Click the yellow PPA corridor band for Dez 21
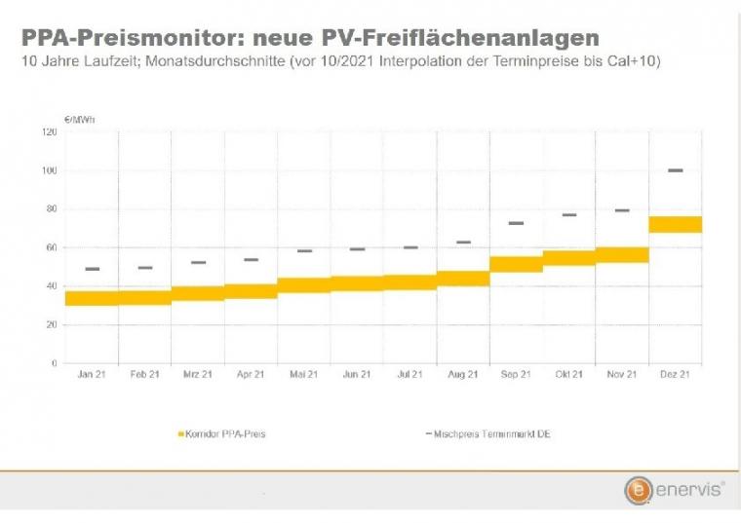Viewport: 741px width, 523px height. [675, 224]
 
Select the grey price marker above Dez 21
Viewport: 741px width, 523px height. [675, 170]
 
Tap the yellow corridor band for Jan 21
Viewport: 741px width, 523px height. [92, 298]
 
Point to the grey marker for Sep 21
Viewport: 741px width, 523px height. [516, 223]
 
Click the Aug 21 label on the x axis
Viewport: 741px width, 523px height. [462, 375]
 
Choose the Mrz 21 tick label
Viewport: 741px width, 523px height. [198, 375]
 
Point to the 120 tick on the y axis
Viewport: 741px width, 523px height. [50, 131]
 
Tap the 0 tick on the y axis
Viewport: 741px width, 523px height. [56, 363]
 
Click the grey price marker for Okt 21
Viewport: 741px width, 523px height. [569, 214]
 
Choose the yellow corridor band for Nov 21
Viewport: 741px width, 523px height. [622, 254]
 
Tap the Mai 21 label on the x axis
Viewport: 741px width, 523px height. [304, 375]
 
